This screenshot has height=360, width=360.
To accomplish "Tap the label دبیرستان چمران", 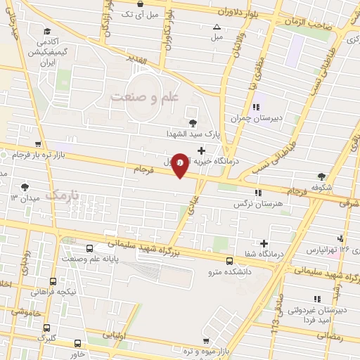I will coord(258,118).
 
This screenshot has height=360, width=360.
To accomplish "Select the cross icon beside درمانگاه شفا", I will coord(264,243).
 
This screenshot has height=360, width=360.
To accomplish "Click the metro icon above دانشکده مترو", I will coord(229,261).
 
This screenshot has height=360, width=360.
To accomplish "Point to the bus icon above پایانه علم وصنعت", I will coord(89,248).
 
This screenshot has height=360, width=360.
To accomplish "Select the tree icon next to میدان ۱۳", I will coord(25,187).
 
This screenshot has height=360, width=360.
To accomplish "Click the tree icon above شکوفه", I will coord(321,176).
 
